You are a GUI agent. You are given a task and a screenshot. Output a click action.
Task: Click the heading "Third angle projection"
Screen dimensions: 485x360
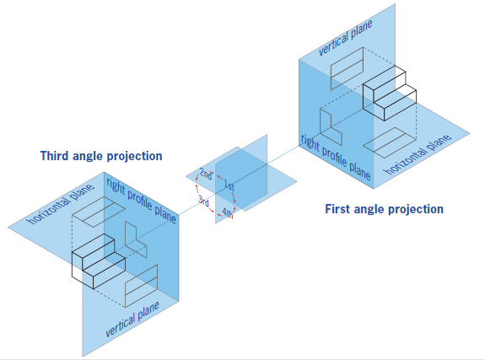click(101, 156)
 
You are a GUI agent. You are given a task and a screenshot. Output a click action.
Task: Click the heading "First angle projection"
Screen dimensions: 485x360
click(384, 209)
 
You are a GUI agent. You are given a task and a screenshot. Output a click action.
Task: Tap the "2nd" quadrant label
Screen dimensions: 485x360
click(206, 175)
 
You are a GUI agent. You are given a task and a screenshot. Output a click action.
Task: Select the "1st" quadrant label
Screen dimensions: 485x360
click(229, 185)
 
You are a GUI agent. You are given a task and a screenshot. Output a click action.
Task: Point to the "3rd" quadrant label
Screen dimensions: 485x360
click(204, 201)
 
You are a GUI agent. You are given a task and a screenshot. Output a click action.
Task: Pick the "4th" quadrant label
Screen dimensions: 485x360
click(228, 213)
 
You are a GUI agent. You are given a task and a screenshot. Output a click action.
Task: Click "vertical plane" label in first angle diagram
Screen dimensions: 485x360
click(346, 38)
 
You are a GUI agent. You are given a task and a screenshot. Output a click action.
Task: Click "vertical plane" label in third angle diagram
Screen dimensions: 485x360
click(132, 320)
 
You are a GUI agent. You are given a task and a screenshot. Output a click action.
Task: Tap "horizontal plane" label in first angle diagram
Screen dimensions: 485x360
click(418, 154)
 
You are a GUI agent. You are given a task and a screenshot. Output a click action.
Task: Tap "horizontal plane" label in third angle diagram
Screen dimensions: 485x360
click(61, 204)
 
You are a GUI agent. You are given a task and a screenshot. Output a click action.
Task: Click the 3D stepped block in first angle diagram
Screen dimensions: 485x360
click(390, 93)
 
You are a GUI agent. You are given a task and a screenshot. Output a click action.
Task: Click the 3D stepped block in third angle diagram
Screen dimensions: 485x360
click(99, 261)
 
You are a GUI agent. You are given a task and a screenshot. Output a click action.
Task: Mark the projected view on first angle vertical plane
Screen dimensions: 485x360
click(347, 68)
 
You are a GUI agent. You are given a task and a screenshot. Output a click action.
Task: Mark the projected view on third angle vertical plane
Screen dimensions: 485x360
click(142, 286)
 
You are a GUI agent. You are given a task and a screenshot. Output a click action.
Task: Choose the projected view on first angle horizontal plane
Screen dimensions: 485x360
click(390, 142)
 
